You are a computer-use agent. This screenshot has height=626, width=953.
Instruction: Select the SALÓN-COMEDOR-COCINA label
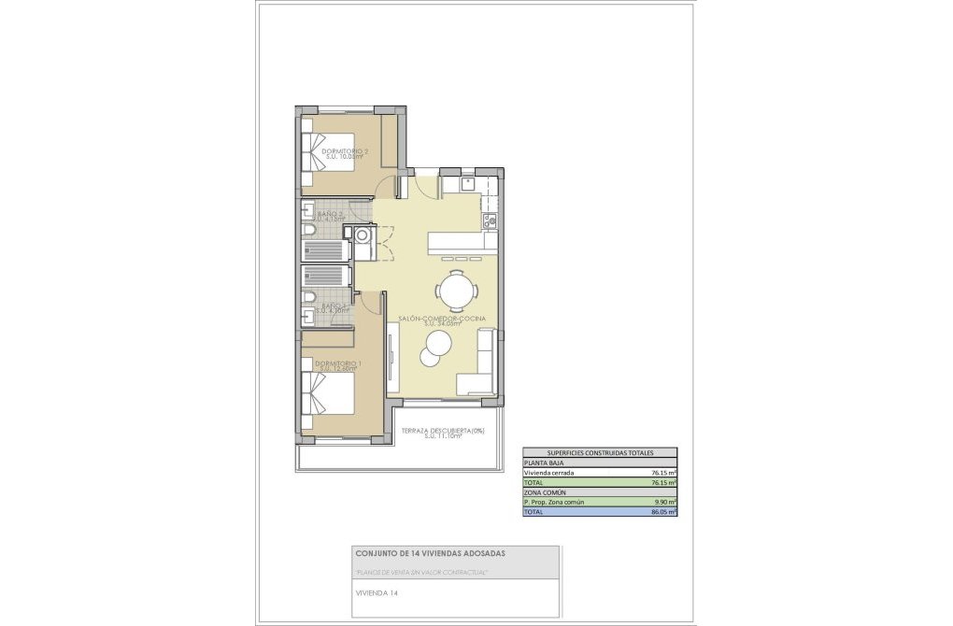pyautogui.click(x=442, y=319)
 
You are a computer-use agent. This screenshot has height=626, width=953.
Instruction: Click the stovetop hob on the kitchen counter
pyautogui.click(x=487, y=221)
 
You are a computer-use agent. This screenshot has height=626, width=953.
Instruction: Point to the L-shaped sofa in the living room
pyautogui.click(x=477, y=369)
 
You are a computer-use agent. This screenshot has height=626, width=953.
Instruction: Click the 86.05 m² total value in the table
pyautogui.click(x=664, y=512)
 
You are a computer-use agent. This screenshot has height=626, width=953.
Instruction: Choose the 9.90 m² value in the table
pyautogui.click(x=664, y=502)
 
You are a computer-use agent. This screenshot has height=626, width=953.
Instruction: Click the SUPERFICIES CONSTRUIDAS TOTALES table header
pyautogui.click(x=600, y=452)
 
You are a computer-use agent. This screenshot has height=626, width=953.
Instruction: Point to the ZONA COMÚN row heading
pyautogui.click(x=545, y=492)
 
